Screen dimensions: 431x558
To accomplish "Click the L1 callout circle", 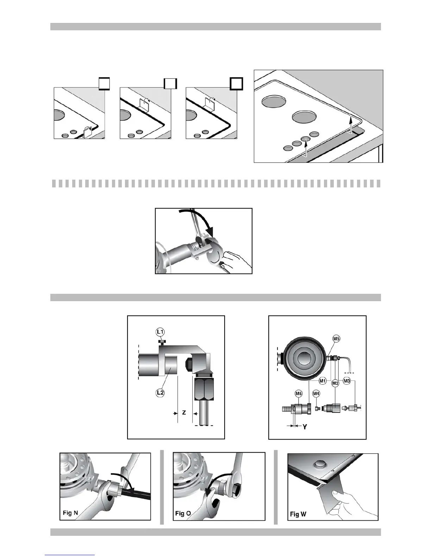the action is pos(160,332).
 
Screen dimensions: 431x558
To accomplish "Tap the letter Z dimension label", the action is pos(184,413).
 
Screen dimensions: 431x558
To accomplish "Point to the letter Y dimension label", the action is pos(305,427).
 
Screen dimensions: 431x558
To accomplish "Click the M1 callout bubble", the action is pos(323,381).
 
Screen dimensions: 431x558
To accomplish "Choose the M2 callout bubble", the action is pos(335,383).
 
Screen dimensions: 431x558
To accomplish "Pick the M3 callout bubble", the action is pos(347,381).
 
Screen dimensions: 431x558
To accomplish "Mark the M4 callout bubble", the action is pos(316,393).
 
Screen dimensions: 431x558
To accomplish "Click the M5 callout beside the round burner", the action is pos(336,339).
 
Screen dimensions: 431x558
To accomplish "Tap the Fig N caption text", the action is pos(70,513).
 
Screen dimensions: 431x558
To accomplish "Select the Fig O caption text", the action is pos(183,513).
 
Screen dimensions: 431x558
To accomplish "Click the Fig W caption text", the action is pos(298,514).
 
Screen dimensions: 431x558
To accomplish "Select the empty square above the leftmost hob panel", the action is pos(104,84).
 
